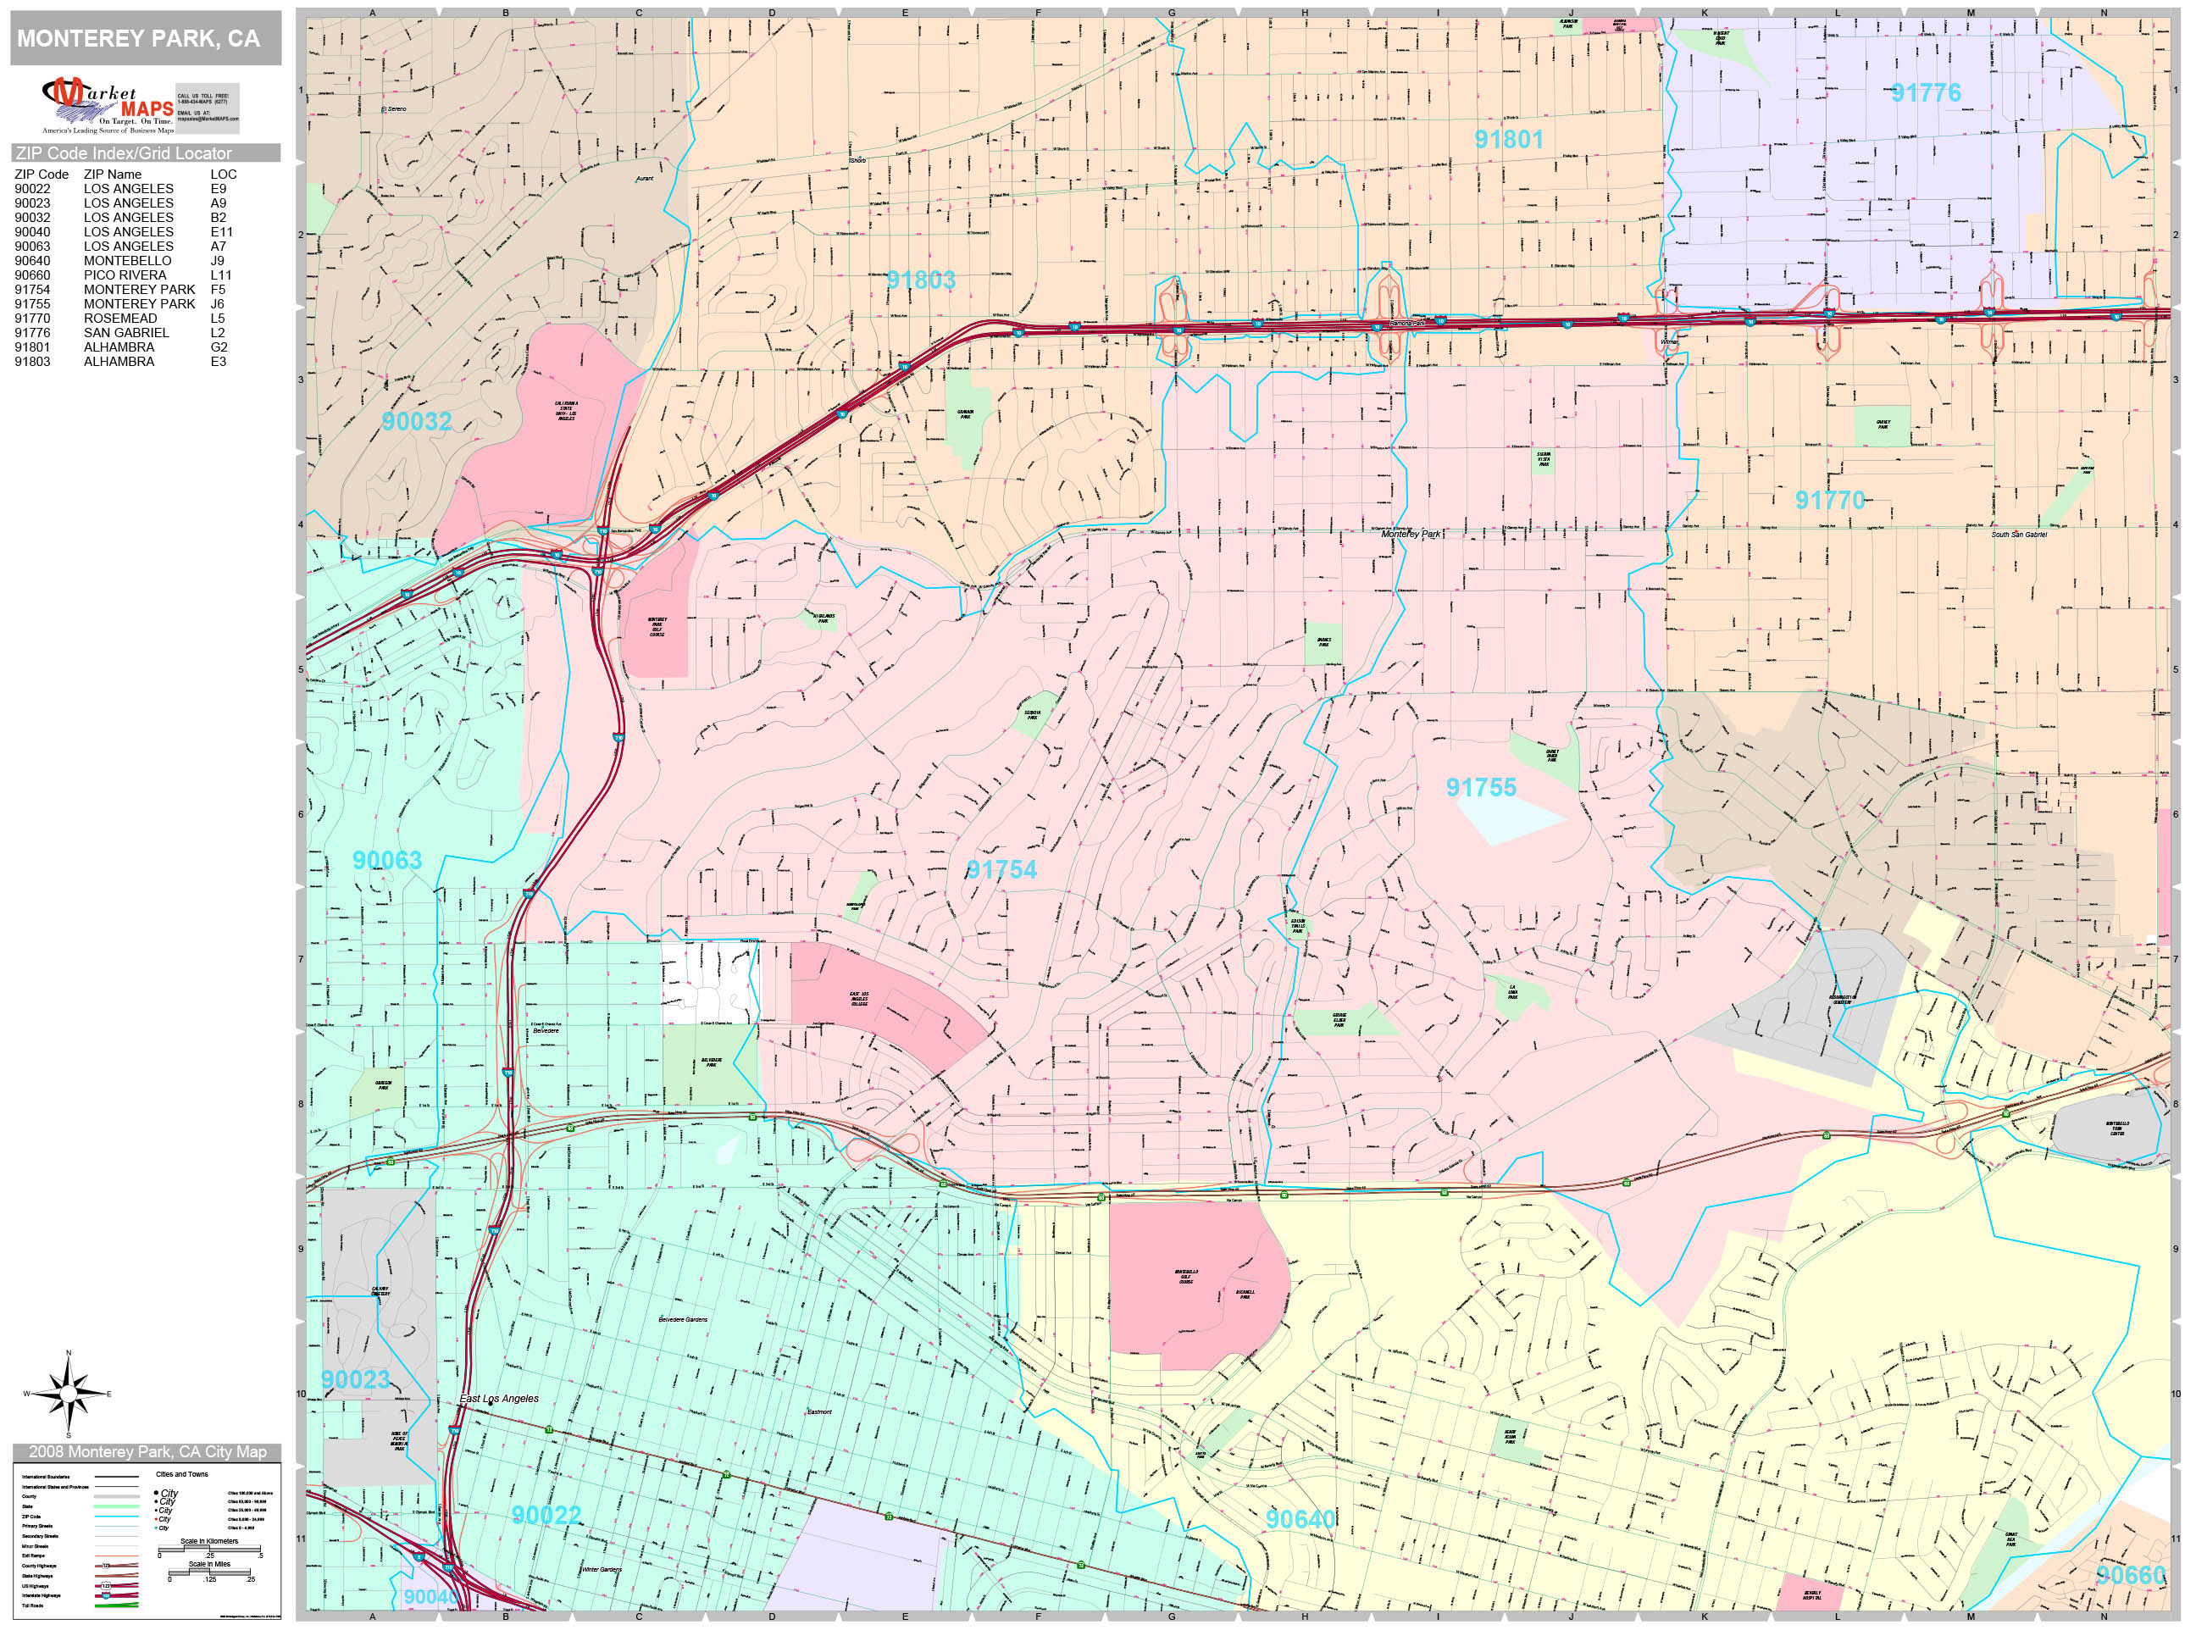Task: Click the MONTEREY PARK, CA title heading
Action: tap(139, 39)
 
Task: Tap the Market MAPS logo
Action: tap(108, 105)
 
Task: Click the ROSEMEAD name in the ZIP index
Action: tap(120, 319)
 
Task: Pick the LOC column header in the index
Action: tap(224, 174)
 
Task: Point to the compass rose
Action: tap(68, 1394)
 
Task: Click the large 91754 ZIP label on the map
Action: tap(1001, 869)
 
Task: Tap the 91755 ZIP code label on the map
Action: tap(1480, 787)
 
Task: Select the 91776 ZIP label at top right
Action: tap(1925, 93)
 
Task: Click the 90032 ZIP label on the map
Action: tap(417, 421)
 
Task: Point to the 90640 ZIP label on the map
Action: tap(1300, 1519)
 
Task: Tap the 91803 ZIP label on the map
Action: tap(920, 280)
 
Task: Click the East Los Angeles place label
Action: tap(499, 1398)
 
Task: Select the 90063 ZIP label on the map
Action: tap(387, 860)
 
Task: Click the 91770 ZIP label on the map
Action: tap(1830, 499)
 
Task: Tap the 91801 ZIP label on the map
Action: tap(1508, 139)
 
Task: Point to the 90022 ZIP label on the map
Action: tap(546, 1514)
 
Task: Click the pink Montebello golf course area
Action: tap(1191, 1281)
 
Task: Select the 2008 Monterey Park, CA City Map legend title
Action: tap(147, 1451)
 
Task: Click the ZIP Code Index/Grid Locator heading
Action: tap(124, 152)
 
